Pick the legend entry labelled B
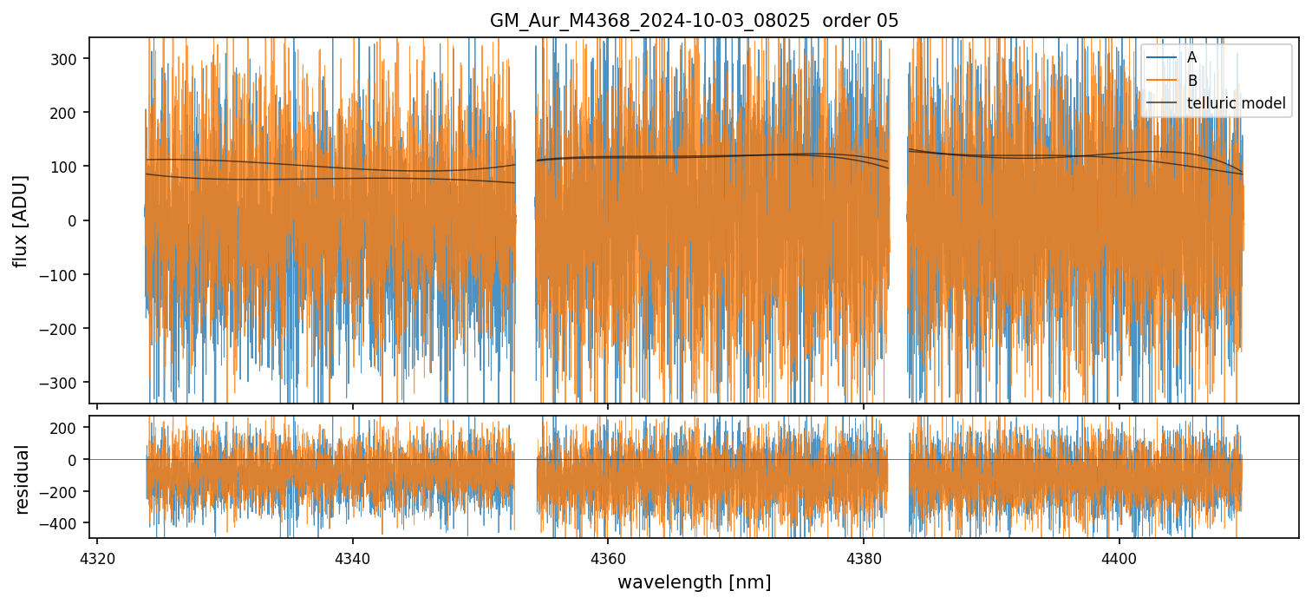(x=1192, y=81)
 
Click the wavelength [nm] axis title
(x=694, y=581)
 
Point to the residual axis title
(x=21, y=479)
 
